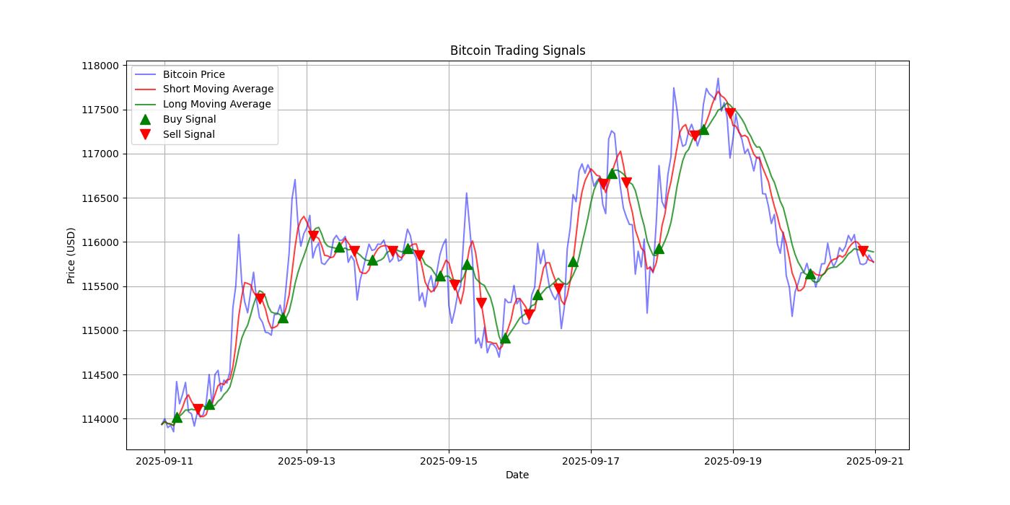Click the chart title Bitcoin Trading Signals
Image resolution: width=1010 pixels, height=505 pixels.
(517, 50)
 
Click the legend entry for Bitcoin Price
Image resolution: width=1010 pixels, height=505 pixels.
(193, 74)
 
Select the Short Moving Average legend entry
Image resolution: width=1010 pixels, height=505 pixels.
(218, 89)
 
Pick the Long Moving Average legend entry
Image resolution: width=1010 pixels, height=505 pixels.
(216, 104)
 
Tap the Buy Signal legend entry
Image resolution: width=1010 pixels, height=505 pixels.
(189, 119)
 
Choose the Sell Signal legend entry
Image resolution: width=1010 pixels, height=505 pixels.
(188, 134)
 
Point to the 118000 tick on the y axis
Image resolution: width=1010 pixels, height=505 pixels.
(100, 66)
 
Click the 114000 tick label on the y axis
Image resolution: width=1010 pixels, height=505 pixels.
(100, 419)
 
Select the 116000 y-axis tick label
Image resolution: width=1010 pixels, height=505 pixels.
(100, 242)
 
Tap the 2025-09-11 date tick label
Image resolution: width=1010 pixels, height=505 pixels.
(164, 460)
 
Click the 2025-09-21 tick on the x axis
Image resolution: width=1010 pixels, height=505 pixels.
(875, 460)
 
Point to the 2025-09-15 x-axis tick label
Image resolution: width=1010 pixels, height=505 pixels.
(449, 460)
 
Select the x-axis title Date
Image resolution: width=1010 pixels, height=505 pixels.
(517, 475)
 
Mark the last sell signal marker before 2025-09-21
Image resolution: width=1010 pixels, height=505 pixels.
(863, 251)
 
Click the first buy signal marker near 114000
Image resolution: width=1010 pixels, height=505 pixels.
(177, 418)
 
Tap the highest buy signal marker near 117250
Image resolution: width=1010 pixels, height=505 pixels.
(703, 130)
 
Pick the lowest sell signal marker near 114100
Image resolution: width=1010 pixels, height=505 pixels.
(198, 409)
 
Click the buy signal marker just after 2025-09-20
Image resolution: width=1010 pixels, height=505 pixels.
(810, 274)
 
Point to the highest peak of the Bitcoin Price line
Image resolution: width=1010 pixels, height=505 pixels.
(718, 78)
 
